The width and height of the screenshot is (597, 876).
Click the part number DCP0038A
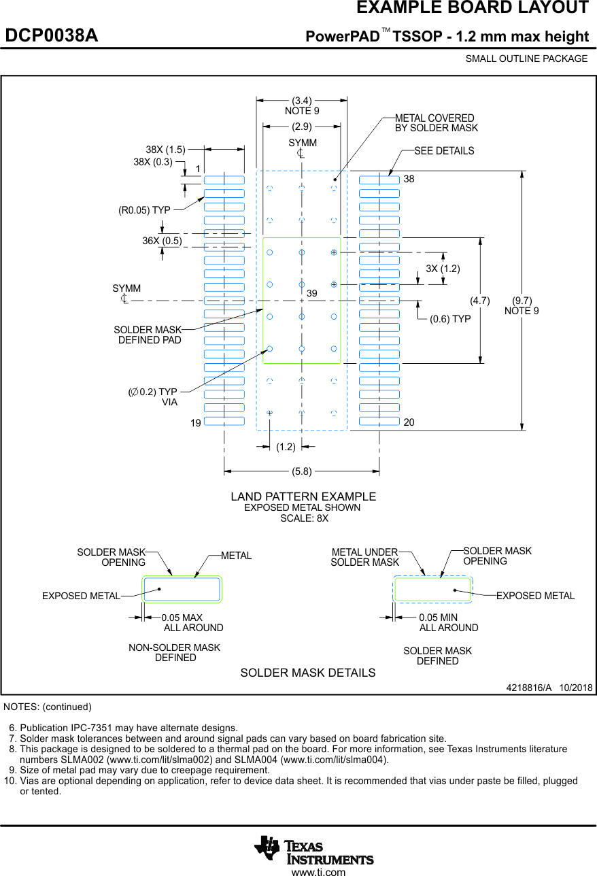(x=52, y=36)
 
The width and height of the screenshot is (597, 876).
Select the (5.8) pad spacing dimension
(x=302, y=471)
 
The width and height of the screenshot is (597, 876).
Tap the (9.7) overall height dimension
(x=522, y=301)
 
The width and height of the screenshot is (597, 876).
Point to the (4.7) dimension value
(x=480, y=300)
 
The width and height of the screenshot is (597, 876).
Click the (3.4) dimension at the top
(x=302, y=101)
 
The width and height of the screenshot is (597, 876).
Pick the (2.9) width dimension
(x=302, y=126)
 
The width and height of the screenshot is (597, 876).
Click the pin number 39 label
(x=312, y=292)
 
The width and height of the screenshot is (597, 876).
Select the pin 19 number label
(x=196, y=423)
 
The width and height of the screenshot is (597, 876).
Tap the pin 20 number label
(x=409, y=423)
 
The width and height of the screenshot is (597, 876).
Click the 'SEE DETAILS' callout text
(x=444, y=151)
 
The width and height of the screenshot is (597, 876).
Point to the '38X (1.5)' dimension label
(x=165, y=149)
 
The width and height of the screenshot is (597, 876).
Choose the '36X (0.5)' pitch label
(x=162, y=241)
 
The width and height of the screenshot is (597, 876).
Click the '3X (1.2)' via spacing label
(x=443, y=269)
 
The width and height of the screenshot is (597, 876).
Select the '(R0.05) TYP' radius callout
(x=144, y=210)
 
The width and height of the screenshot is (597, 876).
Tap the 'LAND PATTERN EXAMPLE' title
(x=303, y=496)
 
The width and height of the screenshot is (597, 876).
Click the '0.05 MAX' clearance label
(x=182, y=618)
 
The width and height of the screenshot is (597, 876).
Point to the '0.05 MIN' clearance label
(x=438, y=618)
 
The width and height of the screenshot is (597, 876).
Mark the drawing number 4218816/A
(x=529, y=688)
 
